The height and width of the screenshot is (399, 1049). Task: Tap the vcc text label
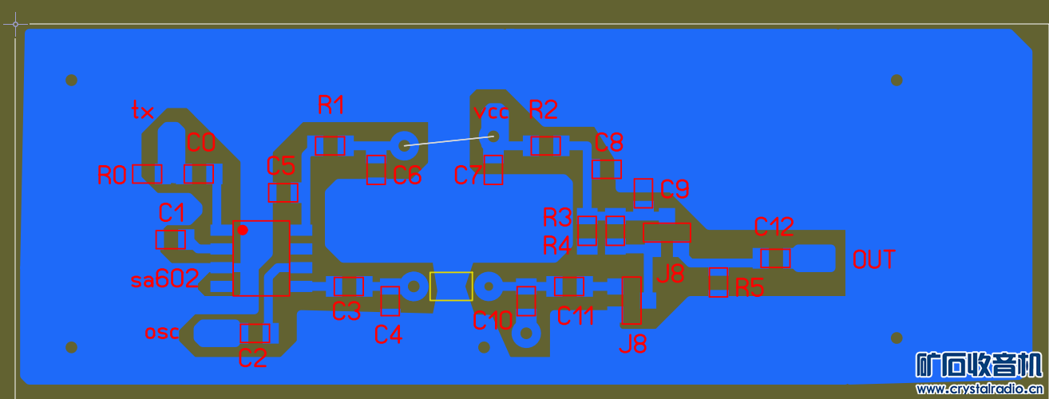(491, 112)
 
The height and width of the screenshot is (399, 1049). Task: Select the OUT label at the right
(874, 260)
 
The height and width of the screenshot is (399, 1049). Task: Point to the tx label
(143, 111)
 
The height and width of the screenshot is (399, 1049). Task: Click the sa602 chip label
(164, 280)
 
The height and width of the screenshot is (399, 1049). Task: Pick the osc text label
(162, 332)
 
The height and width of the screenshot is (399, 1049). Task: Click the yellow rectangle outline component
(451, 286)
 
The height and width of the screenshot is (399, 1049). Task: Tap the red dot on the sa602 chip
(243, 230)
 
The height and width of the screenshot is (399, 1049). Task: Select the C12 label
(774, 227)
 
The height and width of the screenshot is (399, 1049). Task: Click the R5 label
(750, 287)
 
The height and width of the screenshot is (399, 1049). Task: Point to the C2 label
(252, 359)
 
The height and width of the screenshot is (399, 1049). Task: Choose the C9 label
(675, 190)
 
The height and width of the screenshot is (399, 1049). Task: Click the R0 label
(113, 176)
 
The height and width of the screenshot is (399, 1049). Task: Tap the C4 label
(388, 336)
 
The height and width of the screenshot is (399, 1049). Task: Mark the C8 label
(609, 143)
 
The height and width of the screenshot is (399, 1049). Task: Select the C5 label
(281, 166)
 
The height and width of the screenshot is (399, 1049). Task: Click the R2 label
(543, 110)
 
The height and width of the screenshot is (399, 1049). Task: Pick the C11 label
(576, 317)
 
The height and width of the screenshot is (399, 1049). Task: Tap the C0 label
(201, 144)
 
